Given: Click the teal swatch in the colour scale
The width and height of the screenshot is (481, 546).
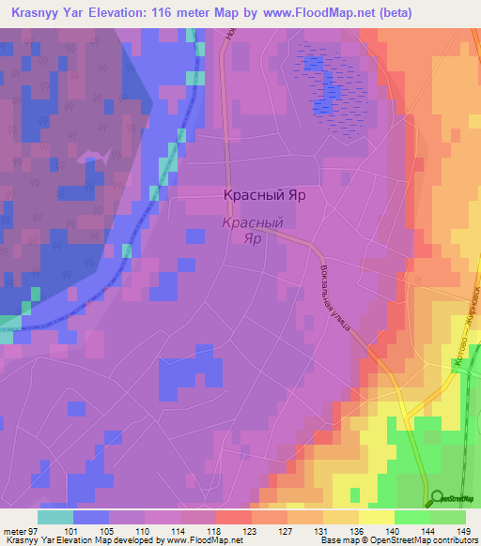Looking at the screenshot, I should click(55, 517).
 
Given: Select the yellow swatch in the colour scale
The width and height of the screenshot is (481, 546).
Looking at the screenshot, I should click(376, 517).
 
